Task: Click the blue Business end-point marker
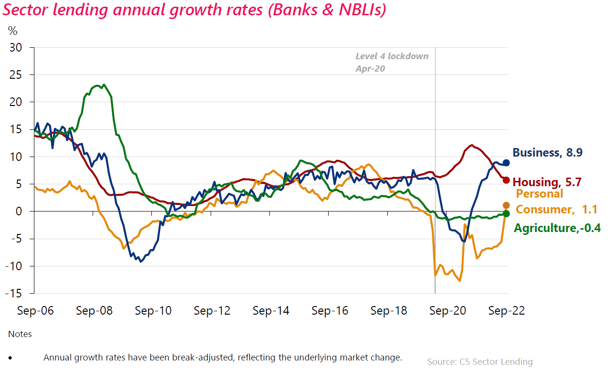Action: click(x=506, y=162)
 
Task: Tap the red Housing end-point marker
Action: click(x=506, y=180)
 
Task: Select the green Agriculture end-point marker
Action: click(x=506, y=213)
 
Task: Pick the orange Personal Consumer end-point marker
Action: click(x=506, y=205)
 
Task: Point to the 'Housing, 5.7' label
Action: click(x=548, y=182)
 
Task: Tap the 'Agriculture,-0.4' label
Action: click(x=557, y=228)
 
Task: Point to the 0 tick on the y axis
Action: click(x=20, y=211)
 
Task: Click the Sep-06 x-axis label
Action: click(x=35, y=311)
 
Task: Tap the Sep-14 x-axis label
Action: click(x=271, y=311)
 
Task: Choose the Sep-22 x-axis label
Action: click(x=506, y=311)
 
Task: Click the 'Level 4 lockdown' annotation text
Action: click(x=392, y=56)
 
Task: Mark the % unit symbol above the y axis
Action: click(x=13, y=32)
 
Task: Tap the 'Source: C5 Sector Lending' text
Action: click(x=480, y=362)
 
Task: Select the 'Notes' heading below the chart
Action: click(x=20, y=334)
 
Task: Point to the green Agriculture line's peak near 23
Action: click(x=98, y=85)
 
